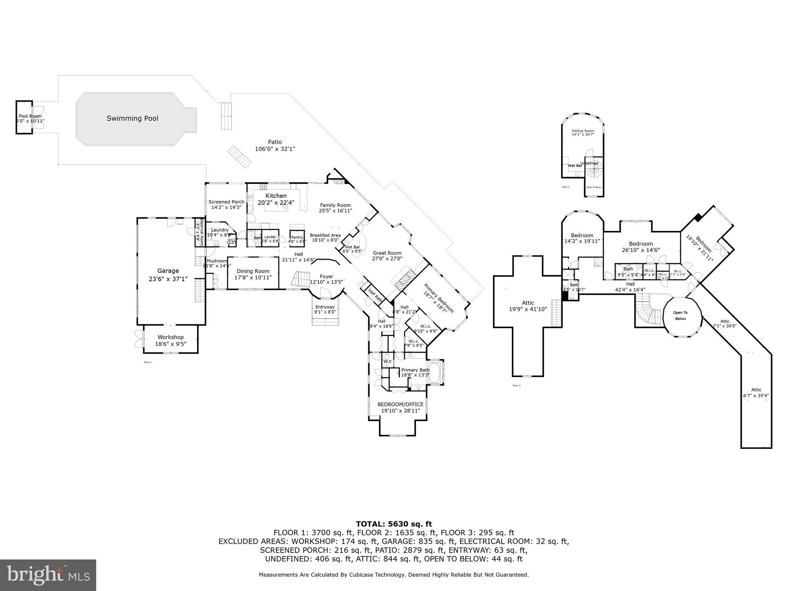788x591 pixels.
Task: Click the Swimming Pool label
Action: coord(132,119)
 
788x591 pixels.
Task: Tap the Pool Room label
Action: coord(30,116)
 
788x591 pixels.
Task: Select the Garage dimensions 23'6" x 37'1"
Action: coord(168,279)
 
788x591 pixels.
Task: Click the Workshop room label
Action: coord(170,337)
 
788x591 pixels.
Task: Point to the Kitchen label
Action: coord(276,196)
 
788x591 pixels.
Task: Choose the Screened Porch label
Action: coord(226,202)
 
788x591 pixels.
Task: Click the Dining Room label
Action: coord(253,271)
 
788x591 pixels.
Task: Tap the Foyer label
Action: coord(326,277)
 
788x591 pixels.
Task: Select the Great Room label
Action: coord(387,253)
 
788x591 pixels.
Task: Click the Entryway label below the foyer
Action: coord(325,307)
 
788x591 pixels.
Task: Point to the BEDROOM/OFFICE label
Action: coord(400,404)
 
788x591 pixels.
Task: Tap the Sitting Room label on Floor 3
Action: coord(583,131)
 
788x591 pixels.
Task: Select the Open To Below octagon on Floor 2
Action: coord(680,316)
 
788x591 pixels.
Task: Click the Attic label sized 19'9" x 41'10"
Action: coord(528,303)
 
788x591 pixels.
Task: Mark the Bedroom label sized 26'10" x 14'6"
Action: coord(641,244)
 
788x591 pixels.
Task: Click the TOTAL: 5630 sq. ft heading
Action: coord(394,524)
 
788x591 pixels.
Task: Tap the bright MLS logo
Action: coord(48,575)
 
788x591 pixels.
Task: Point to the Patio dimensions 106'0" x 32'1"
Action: coord(275,149)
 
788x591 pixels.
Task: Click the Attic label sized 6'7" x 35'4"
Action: coord(756,390)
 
